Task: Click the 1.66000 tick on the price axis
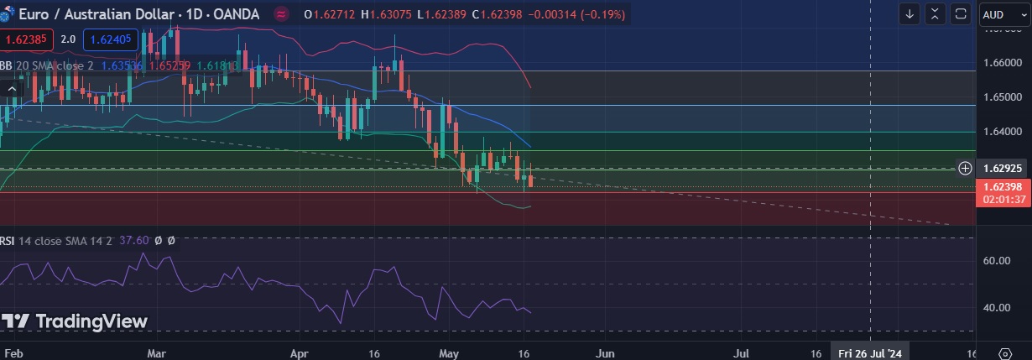click(1001, 63)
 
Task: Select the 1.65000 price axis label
click(1001, 97)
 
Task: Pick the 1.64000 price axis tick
click(1001, 132)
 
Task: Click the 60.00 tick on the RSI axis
click(996, 261)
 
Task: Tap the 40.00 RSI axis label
click(996, 307)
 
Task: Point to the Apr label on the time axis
click(300, 353)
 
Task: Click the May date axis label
click(451, 353)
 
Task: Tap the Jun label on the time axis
click(605, 353)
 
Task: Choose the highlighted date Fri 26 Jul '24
click(870, 353)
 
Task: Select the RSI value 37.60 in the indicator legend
click(134, 240)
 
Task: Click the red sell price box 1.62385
click(28, 39)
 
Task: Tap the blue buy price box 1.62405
click(111, 39)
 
